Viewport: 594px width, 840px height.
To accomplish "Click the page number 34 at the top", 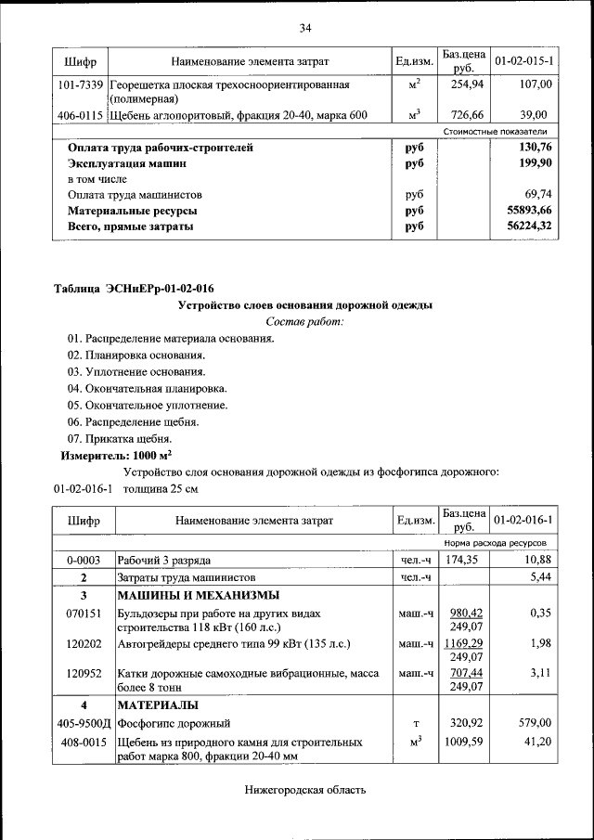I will [x=304, y=27].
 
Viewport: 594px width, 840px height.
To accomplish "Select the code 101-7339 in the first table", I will [x=81, y=84].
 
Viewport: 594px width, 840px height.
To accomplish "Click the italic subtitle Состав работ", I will [x=304, y=321].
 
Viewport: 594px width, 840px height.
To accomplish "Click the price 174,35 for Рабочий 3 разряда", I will [x=460, y=561].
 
